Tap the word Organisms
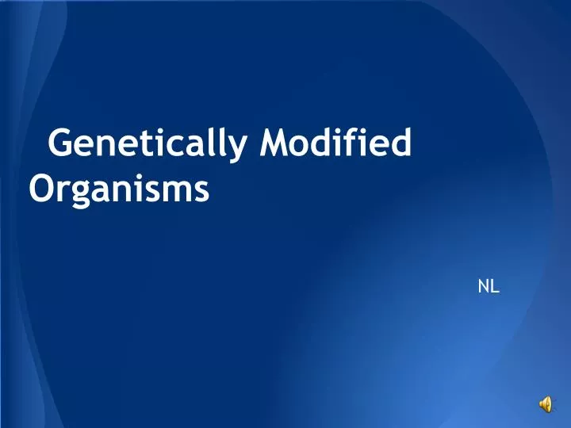click(119, 189)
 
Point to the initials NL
click(489, 287)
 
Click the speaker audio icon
click(546, 405)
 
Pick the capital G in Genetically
click(61, 145)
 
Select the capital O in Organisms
click(41, 189)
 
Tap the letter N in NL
click(484, 287)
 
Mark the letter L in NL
click(495, 287)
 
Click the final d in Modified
click(402, 145)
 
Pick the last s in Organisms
click(202, 192)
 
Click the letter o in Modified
click(305, 147)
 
